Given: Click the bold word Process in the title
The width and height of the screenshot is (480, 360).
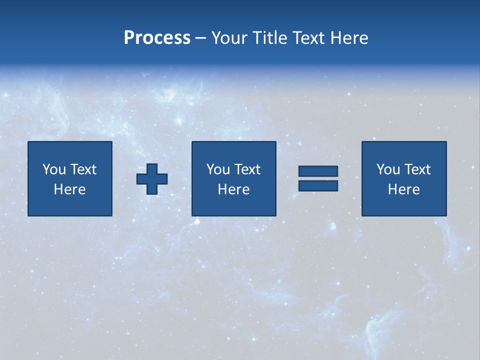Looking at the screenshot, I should click(157, 38).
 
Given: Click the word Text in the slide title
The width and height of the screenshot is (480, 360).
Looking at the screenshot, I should click(306, 38).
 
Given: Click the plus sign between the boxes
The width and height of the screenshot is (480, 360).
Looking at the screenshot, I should click(152, 179).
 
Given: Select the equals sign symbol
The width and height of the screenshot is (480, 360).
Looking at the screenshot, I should click(318, 178).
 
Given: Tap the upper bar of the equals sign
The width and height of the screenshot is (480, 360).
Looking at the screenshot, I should click(318, 171).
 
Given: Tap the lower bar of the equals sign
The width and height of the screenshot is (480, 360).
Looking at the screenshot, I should click(318, 186).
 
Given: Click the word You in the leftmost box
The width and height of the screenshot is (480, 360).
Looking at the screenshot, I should click(54, 169).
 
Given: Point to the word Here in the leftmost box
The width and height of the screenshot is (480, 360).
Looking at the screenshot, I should click(69, 189).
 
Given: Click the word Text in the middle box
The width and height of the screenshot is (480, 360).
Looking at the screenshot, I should click(246, 169).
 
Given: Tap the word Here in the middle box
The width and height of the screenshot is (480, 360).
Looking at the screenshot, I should click(233, 189).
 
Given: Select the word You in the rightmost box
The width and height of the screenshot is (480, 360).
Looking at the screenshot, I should click(388, 169).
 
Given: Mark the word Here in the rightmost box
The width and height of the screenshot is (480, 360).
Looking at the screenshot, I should click(403, 189).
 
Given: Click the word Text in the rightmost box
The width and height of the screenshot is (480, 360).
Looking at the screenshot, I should click(416, 169).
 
